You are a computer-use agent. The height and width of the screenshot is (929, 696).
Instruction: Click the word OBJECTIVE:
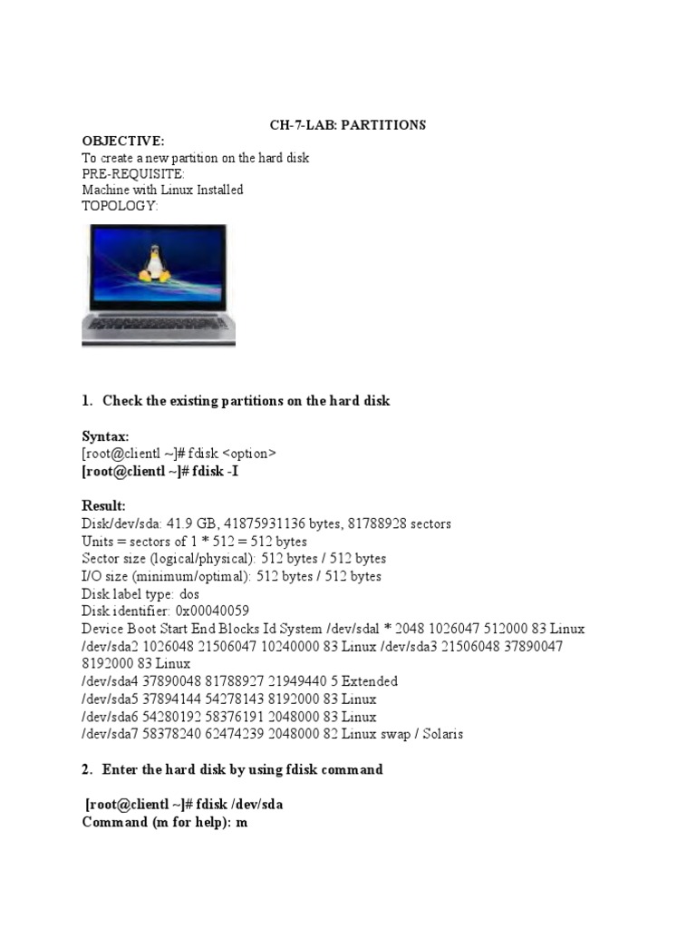click(123, 142)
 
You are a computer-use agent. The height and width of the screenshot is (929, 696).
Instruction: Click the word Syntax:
click(105, 436)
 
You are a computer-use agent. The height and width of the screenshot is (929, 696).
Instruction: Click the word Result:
click(103, 505)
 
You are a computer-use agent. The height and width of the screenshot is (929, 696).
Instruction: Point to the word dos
click(190, 593)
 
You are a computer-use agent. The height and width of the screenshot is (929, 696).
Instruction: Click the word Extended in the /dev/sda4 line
click(366, 680)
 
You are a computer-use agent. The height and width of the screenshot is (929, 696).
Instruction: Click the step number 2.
click(86, 769)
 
